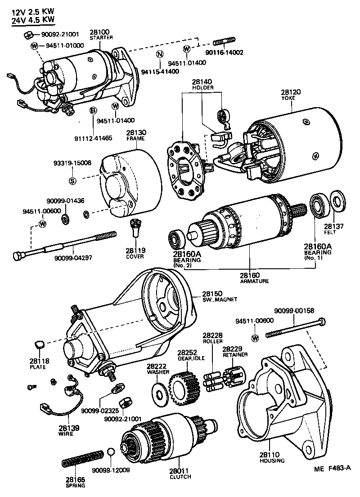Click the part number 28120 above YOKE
click(291, 92)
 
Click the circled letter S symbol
click(72, 181)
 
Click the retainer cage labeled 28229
click(234, 376)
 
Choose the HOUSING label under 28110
click(272, 461)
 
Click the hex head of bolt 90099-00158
click(321, 323)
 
